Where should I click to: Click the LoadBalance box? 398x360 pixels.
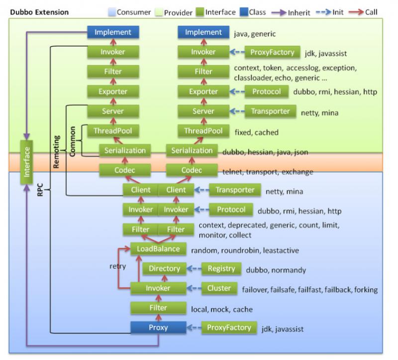click(x=158, y=249)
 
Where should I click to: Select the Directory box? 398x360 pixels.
click(x=165, y=269)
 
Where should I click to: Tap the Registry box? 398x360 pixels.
click(x=221, y=269)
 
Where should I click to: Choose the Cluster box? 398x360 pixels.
click(x=219, y=288)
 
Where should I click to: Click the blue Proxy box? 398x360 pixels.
click(x=158, y=328)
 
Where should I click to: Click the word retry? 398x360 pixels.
click(x=118, y=266)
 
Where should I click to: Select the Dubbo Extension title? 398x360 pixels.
click(x=39, y=11)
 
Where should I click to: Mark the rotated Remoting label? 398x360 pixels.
click(x=56, y=151)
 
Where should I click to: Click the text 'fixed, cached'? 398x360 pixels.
click(x=256, y=132)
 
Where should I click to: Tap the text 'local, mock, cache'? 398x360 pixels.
click(x=222, y=309)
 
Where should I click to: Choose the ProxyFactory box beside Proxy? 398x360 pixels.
click(x=229, y=328)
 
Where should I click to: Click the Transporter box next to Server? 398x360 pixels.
click(x=271, y=112)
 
